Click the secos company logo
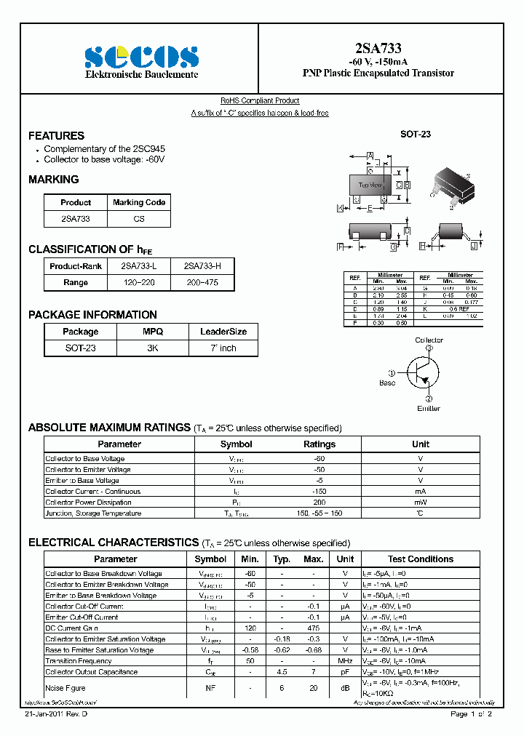pos(141,57)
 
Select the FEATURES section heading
pos(56,136)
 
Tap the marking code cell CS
pos(139,219)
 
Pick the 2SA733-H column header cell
pos(202,266)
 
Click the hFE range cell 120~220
pos(138,282)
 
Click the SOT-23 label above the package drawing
pos(416,135)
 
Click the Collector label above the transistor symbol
pos(429,340)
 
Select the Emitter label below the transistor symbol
pos(428,408)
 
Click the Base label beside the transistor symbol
pos(387,383)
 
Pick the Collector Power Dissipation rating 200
pos(319,503)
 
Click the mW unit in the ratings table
pos(421,503)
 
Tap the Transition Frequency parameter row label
pos(79,661)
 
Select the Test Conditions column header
pos(420,559)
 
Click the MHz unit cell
pos(345,661)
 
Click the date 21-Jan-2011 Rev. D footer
pos(57,715)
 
